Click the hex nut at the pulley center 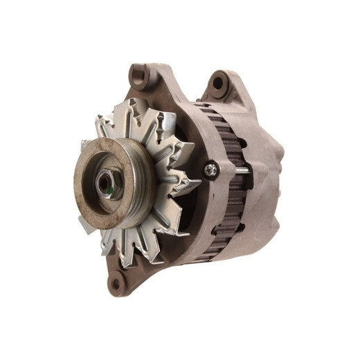[x=107, y=183]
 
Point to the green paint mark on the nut [x=112, y=188]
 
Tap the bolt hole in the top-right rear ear [x=219, y=84]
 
